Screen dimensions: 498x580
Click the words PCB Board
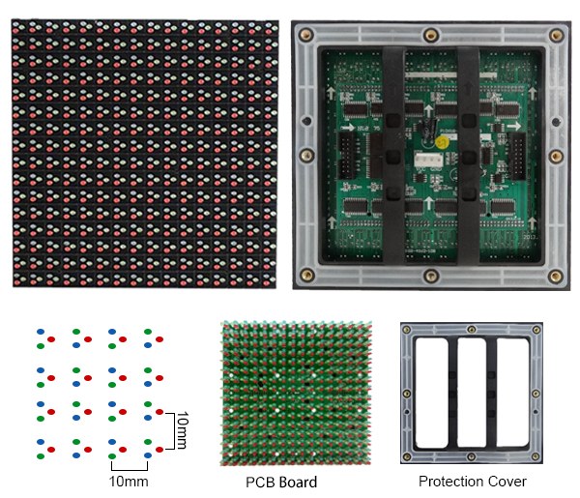tap(280, 482)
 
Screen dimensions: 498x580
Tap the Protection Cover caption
tap(473, 481)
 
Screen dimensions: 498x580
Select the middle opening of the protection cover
tap(472, 394)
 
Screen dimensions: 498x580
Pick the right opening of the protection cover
tap(511, 394)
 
